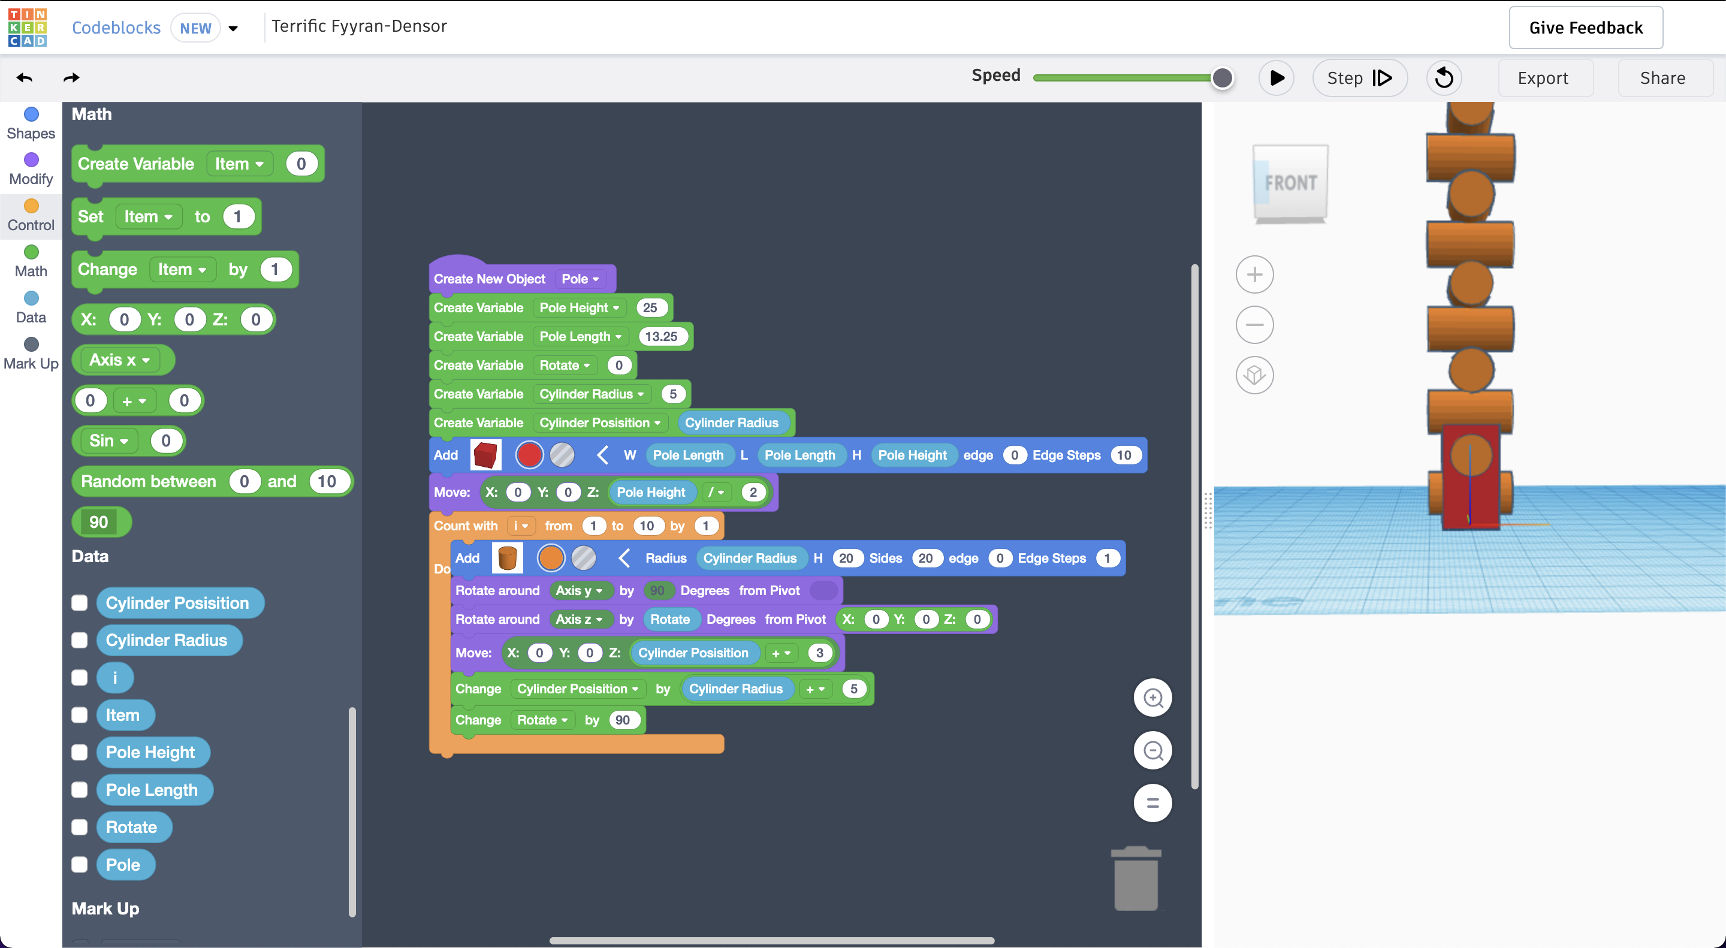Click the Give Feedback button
(x=1585, y=28)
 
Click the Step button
(x=1359, y=78)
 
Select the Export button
(x=1543, y=78)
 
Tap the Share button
(x=1662, y=78)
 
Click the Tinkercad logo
(x=28, y=28)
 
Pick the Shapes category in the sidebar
(x=31, y=124)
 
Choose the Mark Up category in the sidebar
(x=31, y=354)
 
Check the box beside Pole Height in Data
(x=80, y=753)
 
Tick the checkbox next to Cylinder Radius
(x=80, y=641)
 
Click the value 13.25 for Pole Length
(x=661, y=336)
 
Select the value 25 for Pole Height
(x=650, y=307)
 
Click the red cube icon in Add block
(x=485, y=455)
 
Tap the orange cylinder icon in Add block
(x=507, y=557)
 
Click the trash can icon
(x=1136, y=878)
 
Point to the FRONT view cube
(x=1290, y=183)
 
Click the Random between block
(x=149, y=481)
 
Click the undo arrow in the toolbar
(x=25, y=78)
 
